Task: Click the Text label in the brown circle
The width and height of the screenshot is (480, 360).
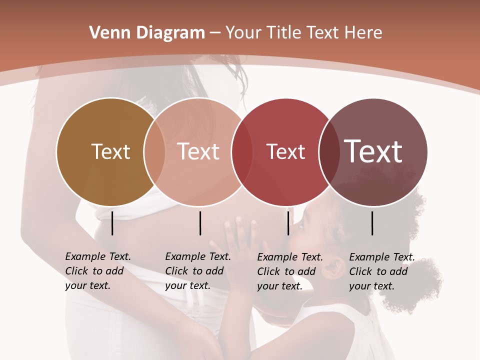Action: click(x=111, y=151)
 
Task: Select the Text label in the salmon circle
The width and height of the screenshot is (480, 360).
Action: click(x=198, y=151)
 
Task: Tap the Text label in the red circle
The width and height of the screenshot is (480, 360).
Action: click(x=286, y=152)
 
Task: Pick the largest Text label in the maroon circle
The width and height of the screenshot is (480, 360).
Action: click(x=373, y=151)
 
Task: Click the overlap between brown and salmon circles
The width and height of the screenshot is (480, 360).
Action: click(x=154, y=152)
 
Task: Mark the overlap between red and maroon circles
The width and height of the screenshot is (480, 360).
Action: click(x=329, y=152)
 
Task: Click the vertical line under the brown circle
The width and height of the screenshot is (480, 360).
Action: click(x=112, y=223)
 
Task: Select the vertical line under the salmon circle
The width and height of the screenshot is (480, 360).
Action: click(x=200, y=223)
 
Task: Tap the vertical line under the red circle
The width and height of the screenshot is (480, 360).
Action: click(x=288, y=223)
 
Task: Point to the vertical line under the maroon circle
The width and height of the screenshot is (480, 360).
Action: click(x=372, y=223)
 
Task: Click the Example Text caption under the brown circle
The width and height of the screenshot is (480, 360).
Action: click(x=98, y=271)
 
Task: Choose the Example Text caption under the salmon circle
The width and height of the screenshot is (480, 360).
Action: click(x=198, y=271)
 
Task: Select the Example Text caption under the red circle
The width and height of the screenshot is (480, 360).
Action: click(x=290, y=271)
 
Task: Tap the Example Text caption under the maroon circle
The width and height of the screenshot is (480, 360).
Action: click(x=382, y=271)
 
